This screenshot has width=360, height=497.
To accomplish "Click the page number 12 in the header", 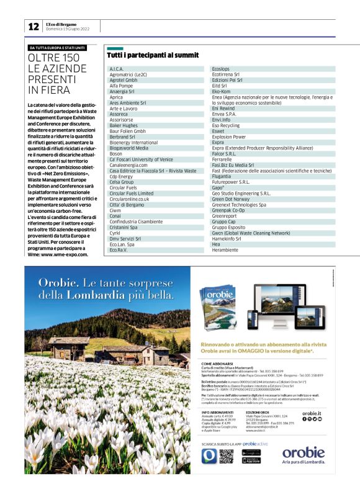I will click(x=32, y=26).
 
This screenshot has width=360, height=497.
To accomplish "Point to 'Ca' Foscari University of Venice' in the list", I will click(x=142, y=159).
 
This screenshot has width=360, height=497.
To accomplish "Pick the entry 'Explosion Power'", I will click(x=229, y=137).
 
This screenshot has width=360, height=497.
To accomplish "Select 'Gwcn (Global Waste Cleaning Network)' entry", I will click(x=251, y=233).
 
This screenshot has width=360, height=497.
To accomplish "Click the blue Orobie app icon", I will click(x=209, y=456).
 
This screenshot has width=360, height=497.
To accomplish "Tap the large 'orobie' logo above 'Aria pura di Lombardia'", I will click(x=304, y=452).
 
